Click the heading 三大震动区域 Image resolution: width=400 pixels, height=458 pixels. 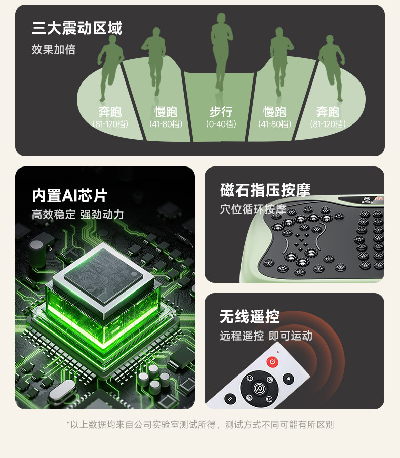tap(77, 28)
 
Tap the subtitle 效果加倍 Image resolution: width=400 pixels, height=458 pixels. tap(54, 49)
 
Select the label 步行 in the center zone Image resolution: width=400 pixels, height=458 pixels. tap(221, 112)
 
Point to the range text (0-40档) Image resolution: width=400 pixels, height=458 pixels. tap(221, 124)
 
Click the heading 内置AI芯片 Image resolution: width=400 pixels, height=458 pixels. tap(69, 196)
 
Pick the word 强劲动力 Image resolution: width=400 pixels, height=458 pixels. tap(102, 215)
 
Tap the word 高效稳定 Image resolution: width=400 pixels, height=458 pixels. tap(54, 215)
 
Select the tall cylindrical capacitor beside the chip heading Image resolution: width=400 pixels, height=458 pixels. tap(37, 254)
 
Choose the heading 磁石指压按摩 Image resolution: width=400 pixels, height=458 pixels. tap(265, 190)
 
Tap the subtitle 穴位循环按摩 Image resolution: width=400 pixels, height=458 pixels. tap(253, 209)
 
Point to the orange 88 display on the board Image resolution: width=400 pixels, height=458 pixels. tap(379, 199)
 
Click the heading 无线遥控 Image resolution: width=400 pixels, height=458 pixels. tap(250, 317)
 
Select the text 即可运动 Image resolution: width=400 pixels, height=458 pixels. tap(291, 336)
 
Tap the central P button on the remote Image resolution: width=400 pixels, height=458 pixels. tap(259, 388)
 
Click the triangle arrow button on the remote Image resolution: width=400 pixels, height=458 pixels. tap(289, 379)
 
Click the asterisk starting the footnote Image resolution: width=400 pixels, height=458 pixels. tap(68, 423)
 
